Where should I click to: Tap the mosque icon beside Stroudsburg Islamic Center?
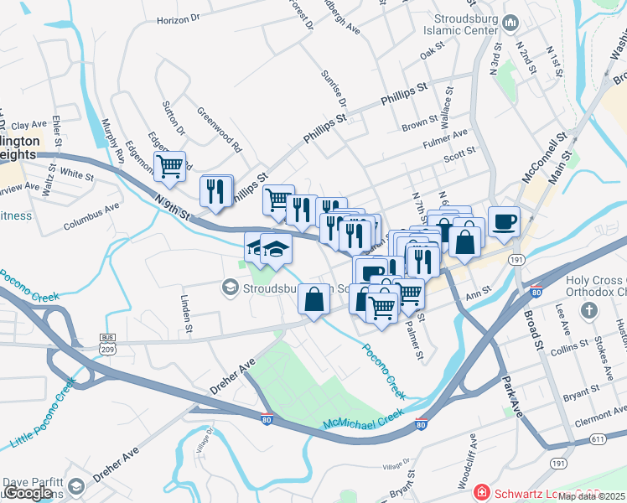point(510,20)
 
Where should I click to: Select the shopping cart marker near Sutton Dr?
point(170,167)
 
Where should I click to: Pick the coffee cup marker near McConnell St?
point(504,222)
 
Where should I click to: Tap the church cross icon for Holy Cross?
point(589,311)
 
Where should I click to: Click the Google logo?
point(28,494)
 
